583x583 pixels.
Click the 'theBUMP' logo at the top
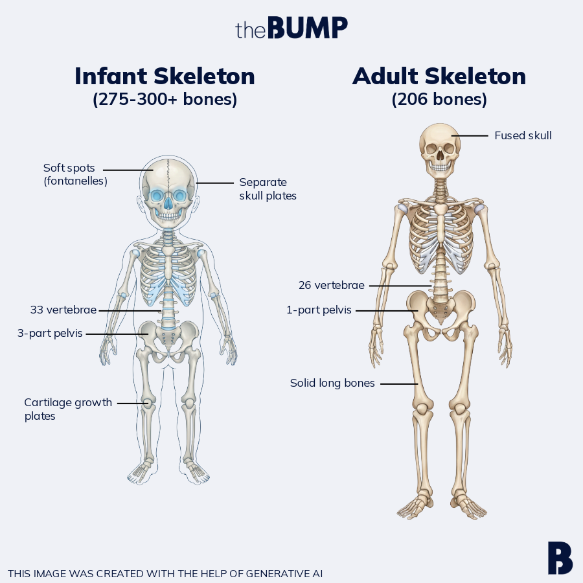tap(291, 28)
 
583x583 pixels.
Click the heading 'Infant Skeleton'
tap(165, 76)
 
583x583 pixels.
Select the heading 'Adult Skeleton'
tap(439, 76)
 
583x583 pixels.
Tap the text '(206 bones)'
tap(439, 100)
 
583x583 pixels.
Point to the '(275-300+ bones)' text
tap(165, 100)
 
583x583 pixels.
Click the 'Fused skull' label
tap(523, 135)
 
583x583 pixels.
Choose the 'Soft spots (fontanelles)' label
tap(75, 174)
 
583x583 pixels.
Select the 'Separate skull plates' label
tap(268, 189)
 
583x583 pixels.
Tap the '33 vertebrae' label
tap(63, 310)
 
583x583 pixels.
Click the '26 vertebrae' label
tap(331, 285)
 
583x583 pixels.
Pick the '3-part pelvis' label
tap(50, 334)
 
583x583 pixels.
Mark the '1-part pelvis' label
tap(319, 310)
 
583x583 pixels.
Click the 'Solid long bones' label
tap(332, 383)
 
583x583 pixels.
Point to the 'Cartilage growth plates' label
tap(68, 409)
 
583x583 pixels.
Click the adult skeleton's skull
tap(440, 146)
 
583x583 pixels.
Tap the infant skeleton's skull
tap(168, 188)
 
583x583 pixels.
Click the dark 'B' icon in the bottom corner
tap(560, 557)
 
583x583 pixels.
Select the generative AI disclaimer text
tap(165, 573)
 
